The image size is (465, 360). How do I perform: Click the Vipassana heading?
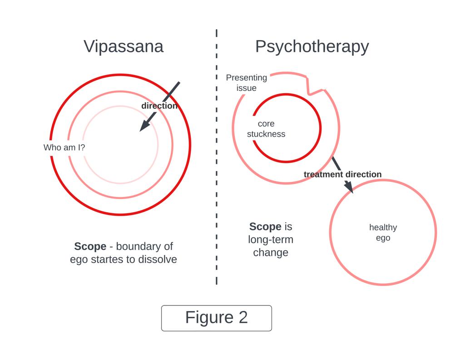(x=123, y=46)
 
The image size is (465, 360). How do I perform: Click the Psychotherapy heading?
(x=312, y=46)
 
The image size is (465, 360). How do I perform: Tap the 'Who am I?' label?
(x=64, y=147)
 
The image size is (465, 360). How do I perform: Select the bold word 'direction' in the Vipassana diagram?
(x=159, y=106)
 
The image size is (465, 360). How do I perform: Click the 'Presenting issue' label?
(x=246, y=83)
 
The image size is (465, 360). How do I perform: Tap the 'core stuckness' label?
(x=266, y=129)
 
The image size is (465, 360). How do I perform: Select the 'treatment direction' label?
(x=342, y=175)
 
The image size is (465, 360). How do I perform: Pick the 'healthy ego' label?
(x=383, y=232)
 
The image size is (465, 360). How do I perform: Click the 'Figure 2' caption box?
(x=216, y=318)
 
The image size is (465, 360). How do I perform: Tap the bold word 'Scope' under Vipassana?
(x=90, y=246)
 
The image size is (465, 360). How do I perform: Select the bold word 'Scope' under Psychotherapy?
(x=265, y=226)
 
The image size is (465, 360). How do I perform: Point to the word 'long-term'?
(x=271, y=240)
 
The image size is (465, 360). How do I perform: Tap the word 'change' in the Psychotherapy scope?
(x=271, y=252)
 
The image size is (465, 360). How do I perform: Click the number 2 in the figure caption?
(x=243, y=317)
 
